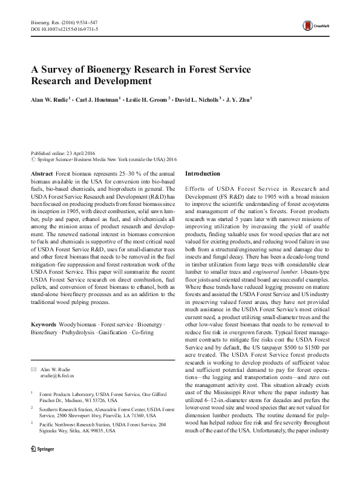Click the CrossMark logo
click(314, 27)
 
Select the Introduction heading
click(203, 173)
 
